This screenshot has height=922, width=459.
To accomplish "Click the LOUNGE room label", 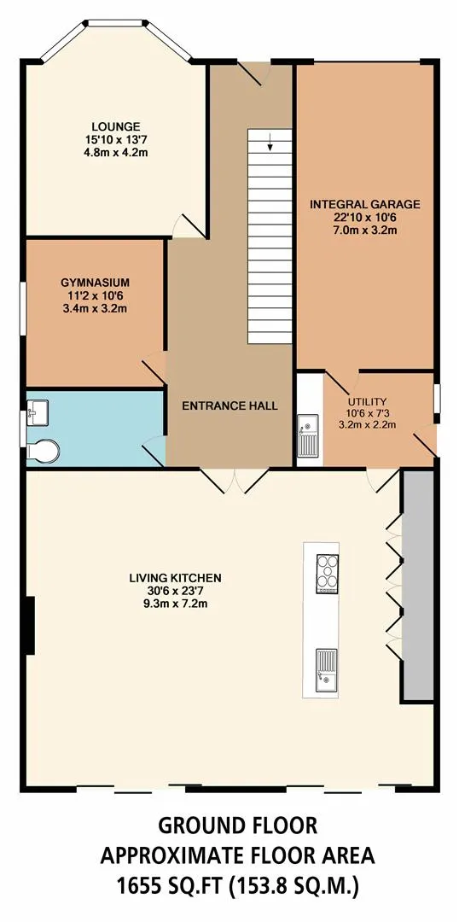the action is coord(116,126).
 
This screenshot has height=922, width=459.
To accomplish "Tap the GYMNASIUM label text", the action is coord(96,283).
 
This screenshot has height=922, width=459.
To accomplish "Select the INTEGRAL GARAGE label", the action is coord(365,205).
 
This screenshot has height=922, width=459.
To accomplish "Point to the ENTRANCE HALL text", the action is coord(229,406).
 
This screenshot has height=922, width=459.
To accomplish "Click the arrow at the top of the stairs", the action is coord(270,143).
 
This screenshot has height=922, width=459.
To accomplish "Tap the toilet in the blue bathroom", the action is coord(43,451).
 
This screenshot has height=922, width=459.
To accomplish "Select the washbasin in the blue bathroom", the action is coord(37,411).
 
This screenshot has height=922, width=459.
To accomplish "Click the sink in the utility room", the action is coord(309,435).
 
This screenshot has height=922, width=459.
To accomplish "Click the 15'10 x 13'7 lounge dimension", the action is coord(116,139).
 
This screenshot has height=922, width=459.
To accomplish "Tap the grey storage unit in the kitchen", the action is coord(418,586).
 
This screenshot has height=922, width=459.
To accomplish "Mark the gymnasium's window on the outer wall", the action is coord(23,309).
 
